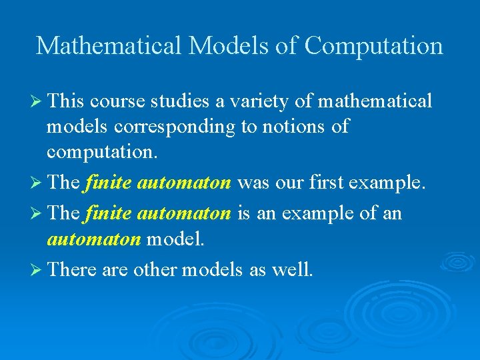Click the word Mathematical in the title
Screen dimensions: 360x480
109,45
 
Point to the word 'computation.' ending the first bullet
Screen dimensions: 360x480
102,152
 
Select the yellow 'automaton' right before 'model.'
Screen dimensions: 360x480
93,238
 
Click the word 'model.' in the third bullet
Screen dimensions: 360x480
175,238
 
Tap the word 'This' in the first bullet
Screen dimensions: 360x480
65,101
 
